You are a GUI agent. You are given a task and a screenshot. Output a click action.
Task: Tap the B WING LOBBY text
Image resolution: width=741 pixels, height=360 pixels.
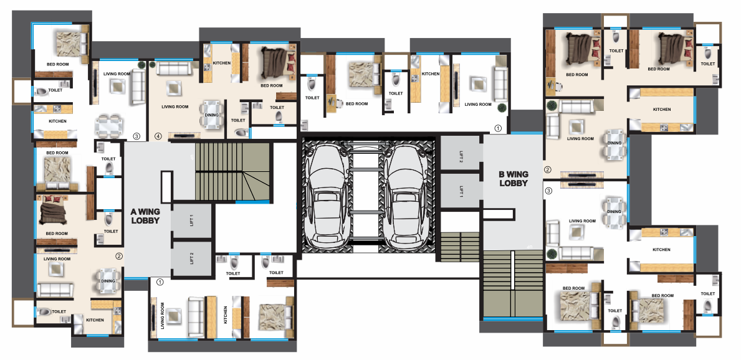coord(513,179)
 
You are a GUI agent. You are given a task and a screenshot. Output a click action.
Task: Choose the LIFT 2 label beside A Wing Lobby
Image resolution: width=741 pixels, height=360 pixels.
coord(192,259)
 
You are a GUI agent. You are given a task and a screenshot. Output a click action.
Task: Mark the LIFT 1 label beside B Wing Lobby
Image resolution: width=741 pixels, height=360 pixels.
coord(461,192)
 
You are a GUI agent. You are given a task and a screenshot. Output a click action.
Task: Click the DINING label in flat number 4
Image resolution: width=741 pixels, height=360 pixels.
coord(212,115)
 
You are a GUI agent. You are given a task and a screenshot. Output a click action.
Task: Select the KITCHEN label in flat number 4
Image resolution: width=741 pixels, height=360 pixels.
coord(222,64)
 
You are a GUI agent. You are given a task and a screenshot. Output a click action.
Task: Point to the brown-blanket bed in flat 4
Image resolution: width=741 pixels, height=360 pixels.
coord(273,62)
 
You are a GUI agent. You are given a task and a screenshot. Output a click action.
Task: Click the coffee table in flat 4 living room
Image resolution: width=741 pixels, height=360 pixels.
coord(173,88)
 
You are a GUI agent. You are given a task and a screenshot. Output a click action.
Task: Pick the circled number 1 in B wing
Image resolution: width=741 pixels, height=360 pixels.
coord(497,128)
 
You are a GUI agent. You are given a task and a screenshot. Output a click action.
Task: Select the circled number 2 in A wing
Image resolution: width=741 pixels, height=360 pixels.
coord(119,255)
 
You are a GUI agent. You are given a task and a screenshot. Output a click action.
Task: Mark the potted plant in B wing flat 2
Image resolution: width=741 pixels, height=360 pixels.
coord(552,107)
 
